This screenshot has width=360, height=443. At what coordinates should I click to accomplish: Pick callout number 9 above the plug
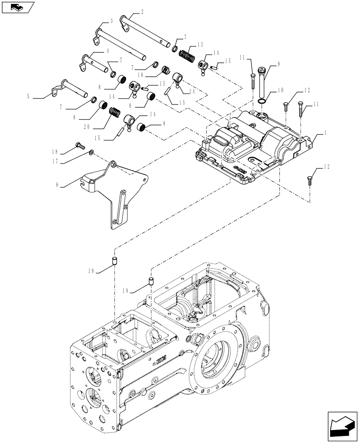click(279, 63)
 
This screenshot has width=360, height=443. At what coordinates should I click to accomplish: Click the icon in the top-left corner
click(18, 7)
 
